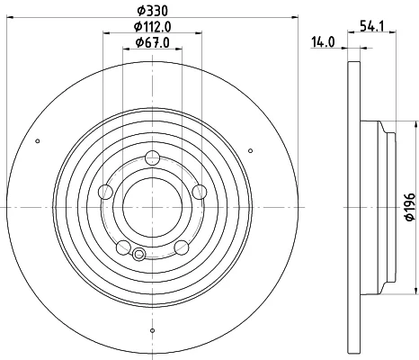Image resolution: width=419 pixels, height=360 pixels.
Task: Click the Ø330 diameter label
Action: [153, 11]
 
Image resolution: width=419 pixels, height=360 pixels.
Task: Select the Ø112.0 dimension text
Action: [153, 27]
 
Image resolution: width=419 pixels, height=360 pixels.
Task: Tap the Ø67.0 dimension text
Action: [153, 42]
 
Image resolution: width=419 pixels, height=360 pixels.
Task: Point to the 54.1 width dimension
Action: [372, 27]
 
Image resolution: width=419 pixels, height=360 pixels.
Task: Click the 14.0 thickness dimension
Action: [323, 42]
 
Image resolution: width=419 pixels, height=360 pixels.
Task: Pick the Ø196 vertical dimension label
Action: [410, 207]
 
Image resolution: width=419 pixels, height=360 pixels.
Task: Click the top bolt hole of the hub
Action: [153, 157]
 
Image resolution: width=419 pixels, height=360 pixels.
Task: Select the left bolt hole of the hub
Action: [105, 192]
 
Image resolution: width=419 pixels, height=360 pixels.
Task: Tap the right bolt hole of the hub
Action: [200, 192]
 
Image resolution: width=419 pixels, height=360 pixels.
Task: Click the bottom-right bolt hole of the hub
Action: [182, 247]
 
